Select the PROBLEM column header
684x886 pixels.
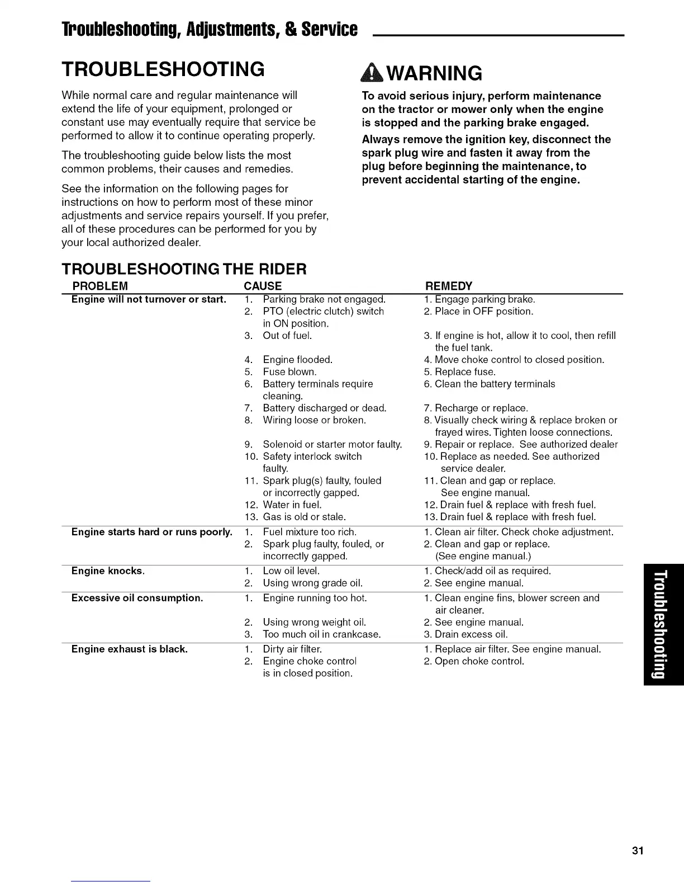(100, 286)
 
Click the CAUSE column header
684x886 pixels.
(263, 286)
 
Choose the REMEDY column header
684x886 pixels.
(449, 286)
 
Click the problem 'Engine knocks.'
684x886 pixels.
(108, 571)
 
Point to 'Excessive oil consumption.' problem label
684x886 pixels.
(137, 598)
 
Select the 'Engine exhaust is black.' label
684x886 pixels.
(129, 649)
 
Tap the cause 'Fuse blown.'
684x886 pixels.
(289, 372)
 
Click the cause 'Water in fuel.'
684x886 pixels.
(292, 505)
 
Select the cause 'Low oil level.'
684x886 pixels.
(291, 571)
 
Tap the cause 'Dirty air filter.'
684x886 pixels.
(292, 649)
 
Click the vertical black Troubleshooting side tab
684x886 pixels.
(663, 624)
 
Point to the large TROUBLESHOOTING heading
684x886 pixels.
(163, 69)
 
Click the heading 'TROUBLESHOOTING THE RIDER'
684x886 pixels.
(184, 269)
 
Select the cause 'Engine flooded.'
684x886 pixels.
(297, 360)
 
